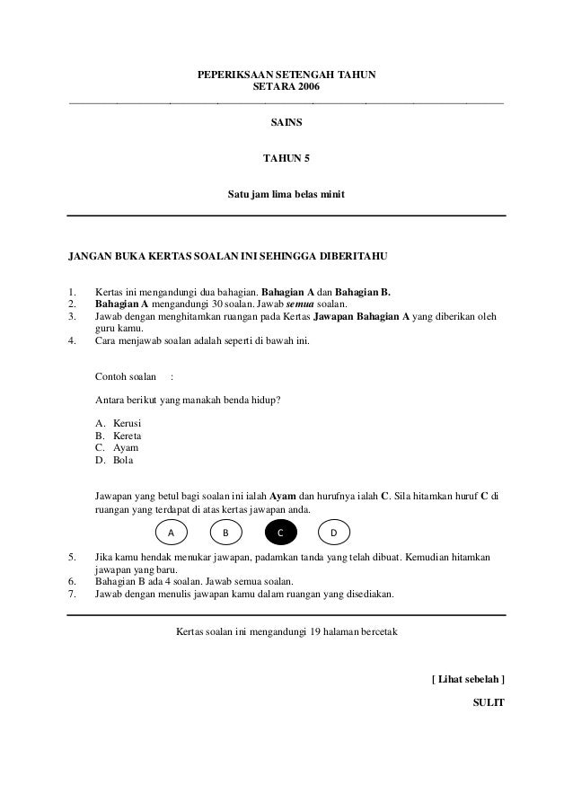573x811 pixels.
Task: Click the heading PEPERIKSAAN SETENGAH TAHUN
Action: [286, 77]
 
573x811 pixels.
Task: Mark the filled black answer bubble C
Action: [280, 533]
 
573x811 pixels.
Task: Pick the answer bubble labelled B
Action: [226, 533]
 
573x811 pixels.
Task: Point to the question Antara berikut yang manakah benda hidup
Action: [188, 400]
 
